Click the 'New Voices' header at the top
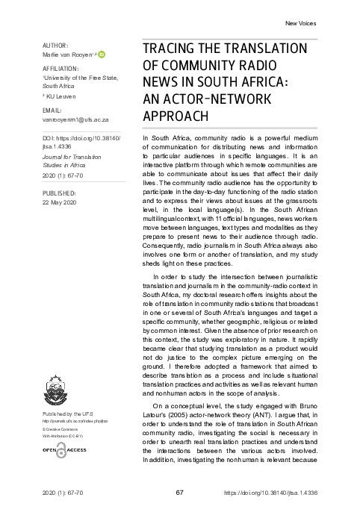pos(301,23)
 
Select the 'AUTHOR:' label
pos(56,46)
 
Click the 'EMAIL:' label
pos(55,109)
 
